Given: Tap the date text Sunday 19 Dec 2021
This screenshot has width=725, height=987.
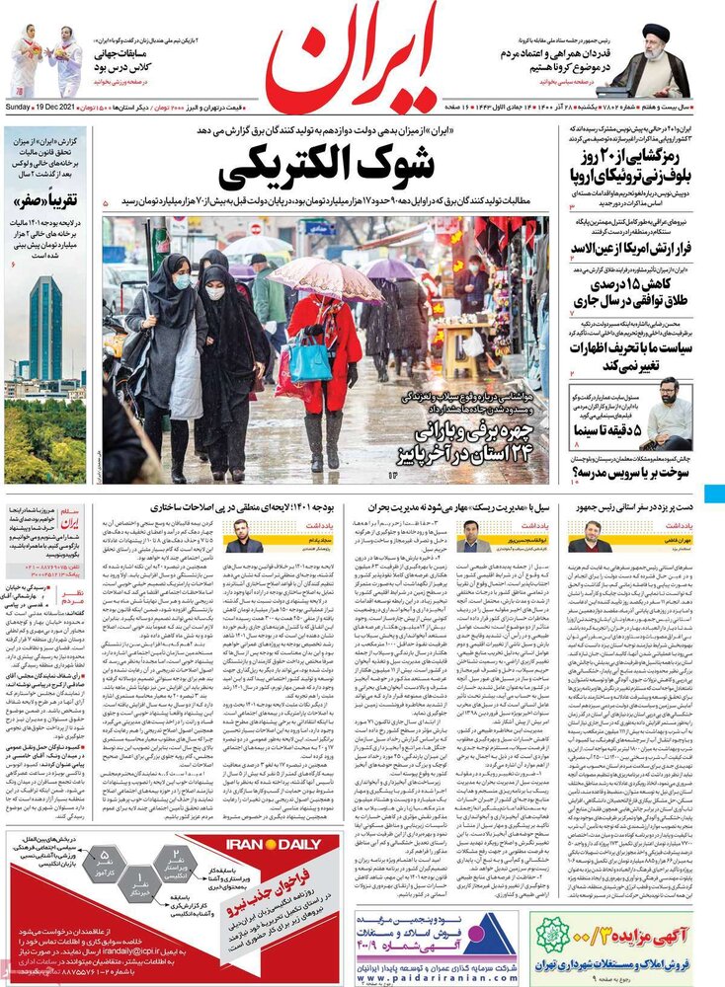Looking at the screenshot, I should pyautogui.click(x=45, y=107).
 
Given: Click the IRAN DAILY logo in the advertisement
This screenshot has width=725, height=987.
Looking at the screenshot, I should pyautogui.click(x=275, y=845).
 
